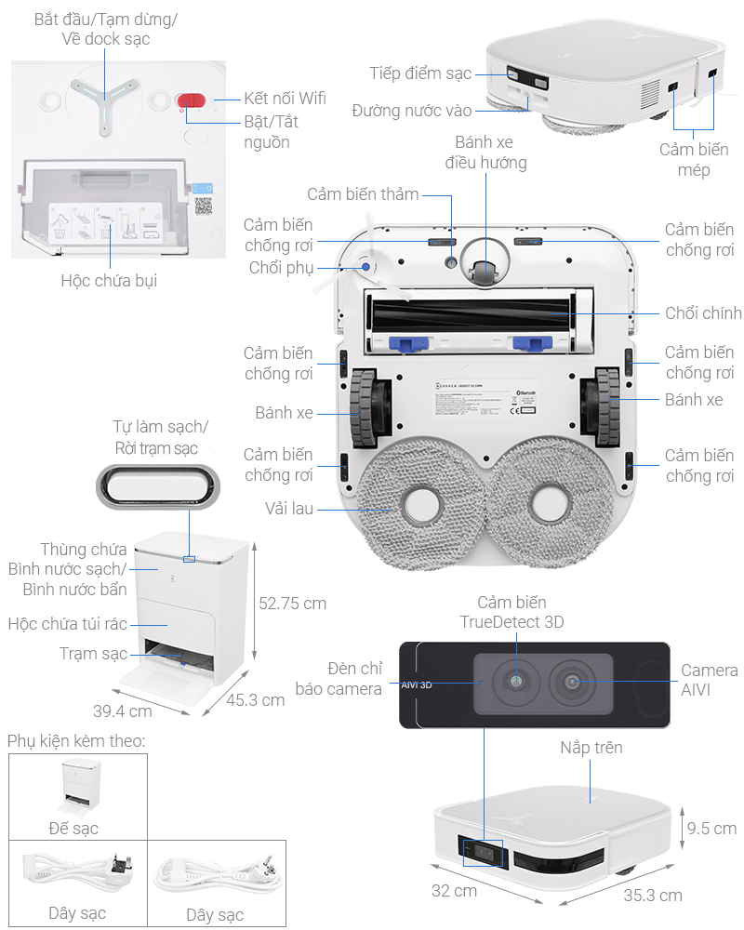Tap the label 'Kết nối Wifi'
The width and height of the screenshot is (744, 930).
(x=285, y=98)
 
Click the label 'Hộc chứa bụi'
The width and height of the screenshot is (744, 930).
(x=109, y=280)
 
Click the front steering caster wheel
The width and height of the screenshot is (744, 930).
(x=483, y=271)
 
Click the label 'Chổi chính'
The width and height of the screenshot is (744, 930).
(x=703, y=312)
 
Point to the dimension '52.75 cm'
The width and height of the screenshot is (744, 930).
(x=292, y=603)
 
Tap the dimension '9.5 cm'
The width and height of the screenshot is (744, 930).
(x=711, y=828)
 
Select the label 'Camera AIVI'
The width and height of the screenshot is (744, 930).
(x=709, y=681)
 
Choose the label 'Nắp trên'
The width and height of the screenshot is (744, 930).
(x=591, y=748)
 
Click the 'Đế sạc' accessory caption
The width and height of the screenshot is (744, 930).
(x=73, y=828)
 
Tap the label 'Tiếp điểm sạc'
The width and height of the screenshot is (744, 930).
(x=419, y=73)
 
